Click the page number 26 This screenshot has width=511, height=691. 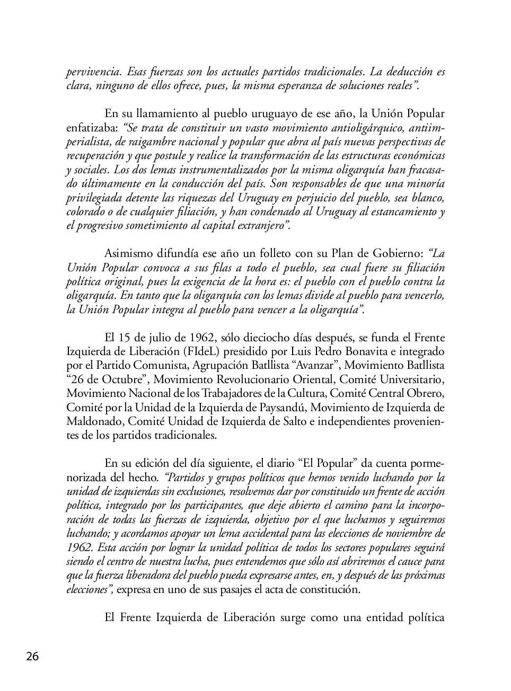tap(32, 657)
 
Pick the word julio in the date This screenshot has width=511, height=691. tap(161, 338)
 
